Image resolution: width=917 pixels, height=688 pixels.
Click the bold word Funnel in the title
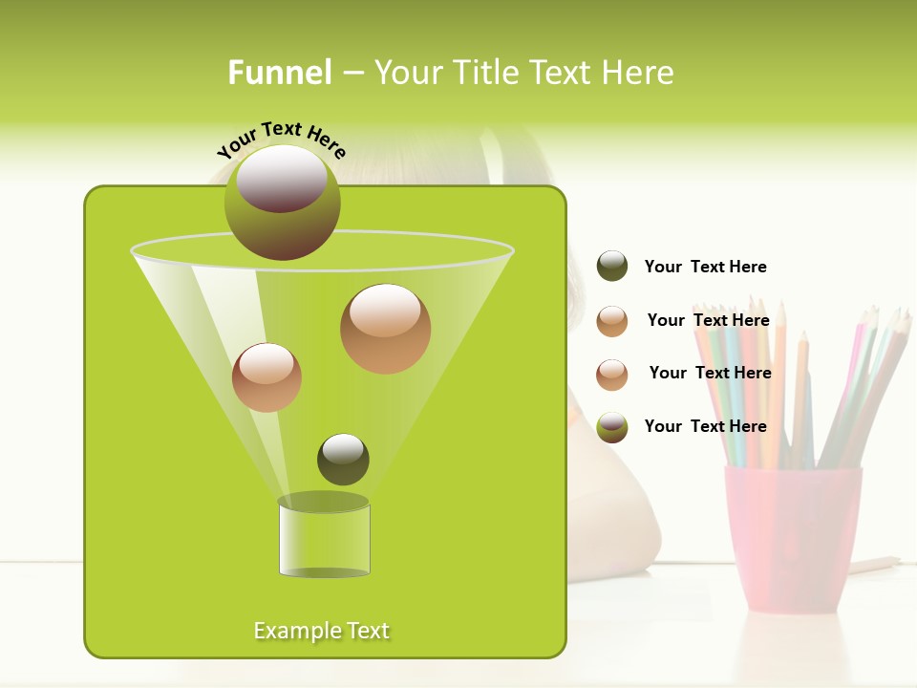279,73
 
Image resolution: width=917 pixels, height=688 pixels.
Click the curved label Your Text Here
282,140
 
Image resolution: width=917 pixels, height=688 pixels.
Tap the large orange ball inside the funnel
385,329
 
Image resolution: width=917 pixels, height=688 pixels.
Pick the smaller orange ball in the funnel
267,377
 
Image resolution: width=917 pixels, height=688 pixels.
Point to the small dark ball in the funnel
343,460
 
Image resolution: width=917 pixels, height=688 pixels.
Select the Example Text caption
322,631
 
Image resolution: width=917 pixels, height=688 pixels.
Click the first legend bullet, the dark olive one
612,267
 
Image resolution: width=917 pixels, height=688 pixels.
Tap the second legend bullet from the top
612,321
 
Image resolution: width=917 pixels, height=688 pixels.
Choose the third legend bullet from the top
612,375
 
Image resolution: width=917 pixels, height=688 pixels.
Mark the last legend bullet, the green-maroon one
612,427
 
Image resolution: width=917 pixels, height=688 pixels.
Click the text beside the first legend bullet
705,267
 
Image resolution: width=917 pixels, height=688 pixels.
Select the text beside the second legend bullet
708,320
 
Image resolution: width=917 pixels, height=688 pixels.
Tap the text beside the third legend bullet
710,373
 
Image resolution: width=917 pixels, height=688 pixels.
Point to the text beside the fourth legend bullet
705,426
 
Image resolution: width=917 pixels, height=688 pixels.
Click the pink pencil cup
792,536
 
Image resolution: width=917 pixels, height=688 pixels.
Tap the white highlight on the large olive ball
282,178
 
